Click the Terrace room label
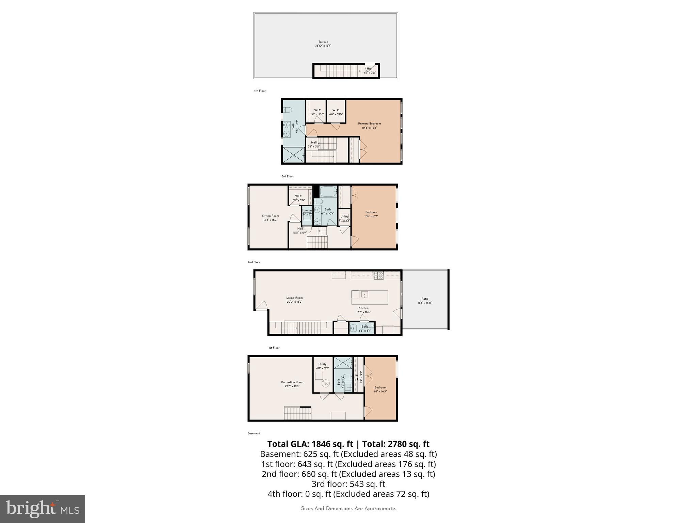point(323,42)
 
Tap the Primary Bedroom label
point(369,124)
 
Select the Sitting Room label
point(270,216)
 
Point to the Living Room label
point(294,298)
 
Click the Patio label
point(425,299)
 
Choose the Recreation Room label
point(292,382)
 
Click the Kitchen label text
point(363,308)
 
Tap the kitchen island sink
point(365,294)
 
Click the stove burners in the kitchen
point(378,275)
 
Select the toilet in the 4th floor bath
point(288,110)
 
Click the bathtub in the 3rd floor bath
point(328,192)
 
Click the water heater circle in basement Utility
point(326,384)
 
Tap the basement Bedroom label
point(380,387)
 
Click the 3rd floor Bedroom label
point(371,212)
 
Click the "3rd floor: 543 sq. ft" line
point(348,484)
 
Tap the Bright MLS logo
point(43,509)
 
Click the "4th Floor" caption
point(260,91)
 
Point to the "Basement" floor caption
point(254,433)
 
